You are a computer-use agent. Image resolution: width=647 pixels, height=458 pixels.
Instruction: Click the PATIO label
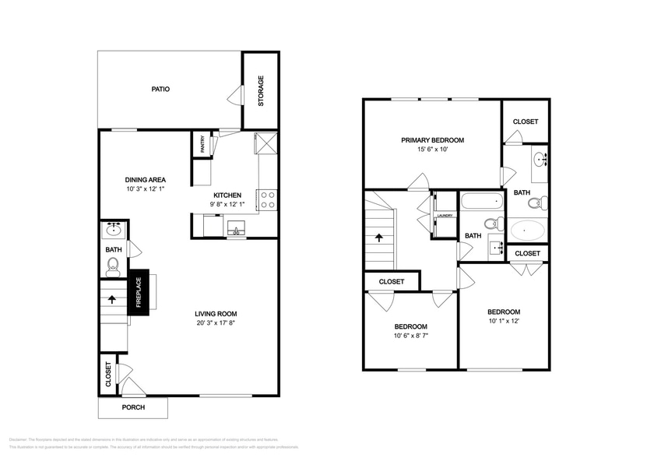pyautogui.click(x=160, y=89)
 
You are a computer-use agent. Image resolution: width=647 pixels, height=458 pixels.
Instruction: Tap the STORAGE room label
pyautogui.click(x=261, y=91)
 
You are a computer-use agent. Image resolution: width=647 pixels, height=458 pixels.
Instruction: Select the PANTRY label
pyautogui.click(x=202, y=144)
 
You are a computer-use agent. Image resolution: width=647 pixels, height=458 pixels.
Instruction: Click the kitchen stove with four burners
pyautogui.click(x=267, y=200)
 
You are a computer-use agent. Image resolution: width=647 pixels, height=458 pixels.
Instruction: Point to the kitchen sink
pyautogui.click(x=234, y=229)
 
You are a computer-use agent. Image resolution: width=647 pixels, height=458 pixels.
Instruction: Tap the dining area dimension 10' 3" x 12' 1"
pyautogui.click(x=146, y=189)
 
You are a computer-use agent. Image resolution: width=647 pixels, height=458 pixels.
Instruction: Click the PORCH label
pyautogui.click(x=133, y=407)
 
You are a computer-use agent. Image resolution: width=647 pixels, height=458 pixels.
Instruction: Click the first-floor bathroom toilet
pyautogui.click(x=113, y=267)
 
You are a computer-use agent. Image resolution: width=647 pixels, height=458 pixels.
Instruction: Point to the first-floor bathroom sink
pyautogui.click(x=114, y=229)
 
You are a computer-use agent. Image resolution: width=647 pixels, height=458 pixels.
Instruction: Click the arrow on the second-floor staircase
pyautogui.click(x=380, y=238)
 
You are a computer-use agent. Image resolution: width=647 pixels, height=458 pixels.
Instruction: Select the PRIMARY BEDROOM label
pyautogui.click(x=432, y=140)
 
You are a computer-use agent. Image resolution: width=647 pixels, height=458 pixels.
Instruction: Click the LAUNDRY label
pyautogui.click(x=445, y=216)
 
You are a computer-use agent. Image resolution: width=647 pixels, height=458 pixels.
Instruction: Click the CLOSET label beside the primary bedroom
pyautogui.click(x=526, y=122)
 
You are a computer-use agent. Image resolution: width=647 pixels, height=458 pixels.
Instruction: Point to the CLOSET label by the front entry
pyautogui.click(x=108, y=375)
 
